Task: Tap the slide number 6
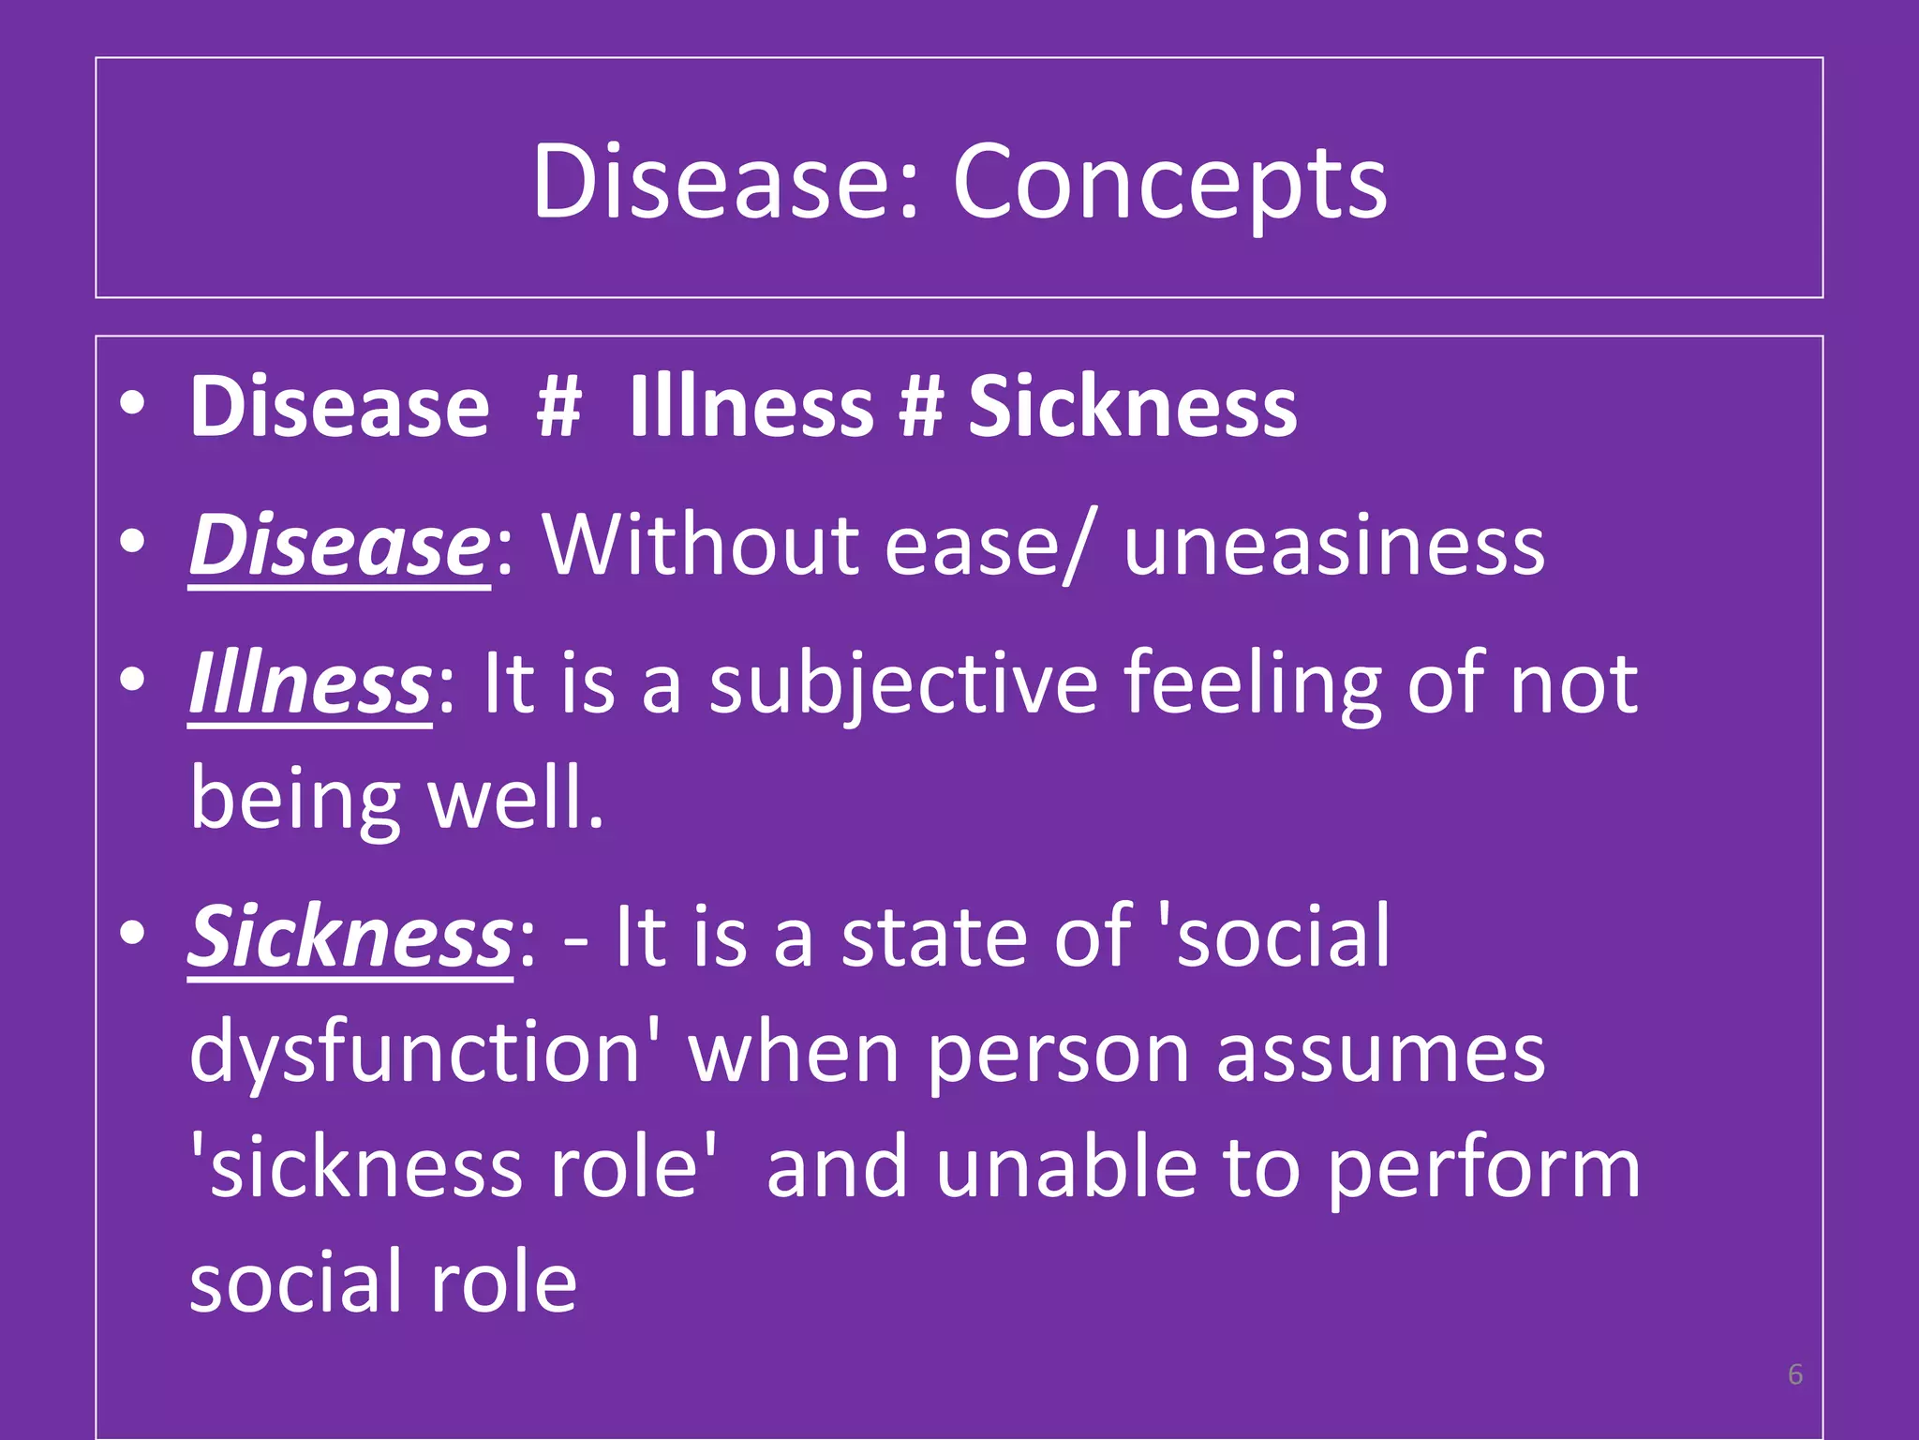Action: click(1794, 1374)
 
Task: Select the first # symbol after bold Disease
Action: click(559, 407)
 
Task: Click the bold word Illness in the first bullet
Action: click(751, 407)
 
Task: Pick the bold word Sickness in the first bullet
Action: click(1132, 407)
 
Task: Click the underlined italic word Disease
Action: click(338, 546)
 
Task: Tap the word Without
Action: click(701, 546)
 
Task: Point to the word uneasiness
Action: click(1333, 546)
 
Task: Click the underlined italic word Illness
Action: click(310, 683)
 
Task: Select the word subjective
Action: click(902, 683)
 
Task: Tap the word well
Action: click(515, 799)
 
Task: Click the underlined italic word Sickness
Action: click(350, 937)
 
